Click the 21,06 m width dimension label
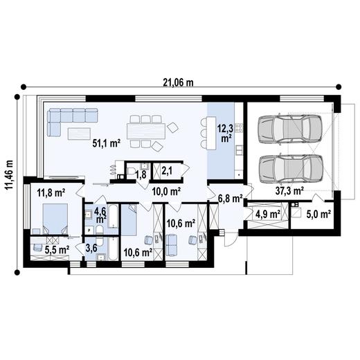click(178, 82)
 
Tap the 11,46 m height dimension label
click(10, 179)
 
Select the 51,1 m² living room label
click(107, 143)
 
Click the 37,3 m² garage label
click(289, 190)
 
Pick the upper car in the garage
click(290, 130)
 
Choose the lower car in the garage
click(290, 171)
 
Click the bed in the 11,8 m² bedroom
click(55, 219)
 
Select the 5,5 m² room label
click(57, 250)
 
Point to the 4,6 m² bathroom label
click(100, 215)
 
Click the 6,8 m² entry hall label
click(230, 198)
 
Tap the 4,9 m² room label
click(268, 215)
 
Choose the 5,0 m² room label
click(318, 215)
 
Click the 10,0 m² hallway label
click(166, 192)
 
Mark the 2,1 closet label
click(168, 172)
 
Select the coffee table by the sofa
click(79, 134)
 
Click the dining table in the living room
click(146, 131)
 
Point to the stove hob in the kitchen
click(239, 128)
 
